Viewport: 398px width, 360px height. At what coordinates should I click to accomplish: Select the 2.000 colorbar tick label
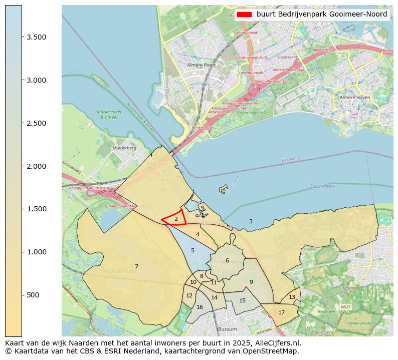tap(37, 166)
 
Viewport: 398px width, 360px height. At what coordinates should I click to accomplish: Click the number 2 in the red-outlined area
tap(176, 219)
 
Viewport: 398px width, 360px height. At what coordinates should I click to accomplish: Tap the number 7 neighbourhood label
tap(136, 266)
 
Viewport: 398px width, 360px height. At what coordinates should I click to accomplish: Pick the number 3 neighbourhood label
tap(251, 221)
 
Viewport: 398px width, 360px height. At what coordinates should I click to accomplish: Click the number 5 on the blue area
tap(192, 250)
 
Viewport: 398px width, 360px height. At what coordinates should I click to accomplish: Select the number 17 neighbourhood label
tap(281, 312)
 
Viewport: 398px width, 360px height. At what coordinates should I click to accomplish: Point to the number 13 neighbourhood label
tap(292, 297)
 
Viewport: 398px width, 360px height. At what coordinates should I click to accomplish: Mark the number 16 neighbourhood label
tap(200, 307)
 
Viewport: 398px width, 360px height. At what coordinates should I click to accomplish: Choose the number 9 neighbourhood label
tap(251, 282)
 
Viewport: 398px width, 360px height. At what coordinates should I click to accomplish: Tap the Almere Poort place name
tap(201, 65)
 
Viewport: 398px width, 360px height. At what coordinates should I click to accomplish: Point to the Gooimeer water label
tap(322, 186)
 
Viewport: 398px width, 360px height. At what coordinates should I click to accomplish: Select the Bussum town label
tap(227, 329)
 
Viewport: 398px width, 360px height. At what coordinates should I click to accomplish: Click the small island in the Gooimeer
tap(224, 190)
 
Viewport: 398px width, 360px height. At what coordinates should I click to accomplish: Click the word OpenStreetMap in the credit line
tap(275, 351)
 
